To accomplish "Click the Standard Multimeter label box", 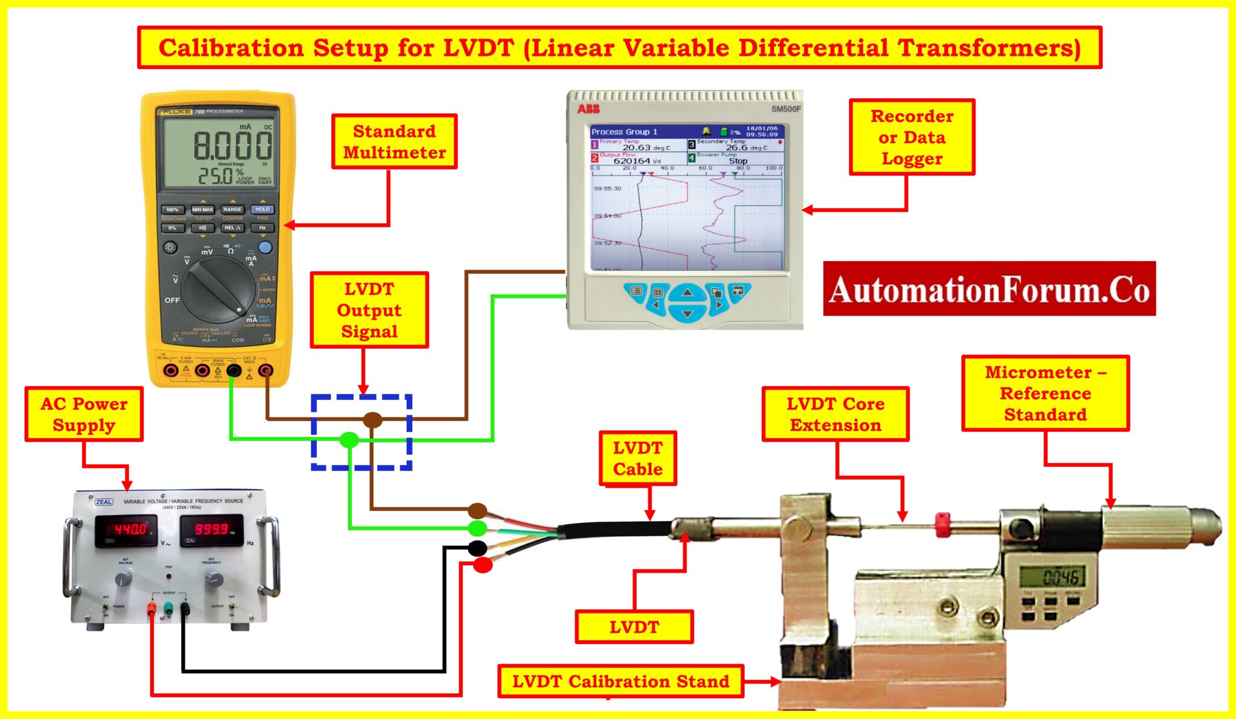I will coord(394,142).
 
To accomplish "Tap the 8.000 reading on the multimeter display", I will coord(232,145).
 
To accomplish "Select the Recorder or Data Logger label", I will coord(911,138).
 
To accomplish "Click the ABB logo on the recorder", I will coord(588,109).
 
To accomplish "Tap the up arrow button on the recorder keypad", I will coord(687,293).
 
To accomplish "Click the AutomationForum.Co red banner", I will coord(989,289).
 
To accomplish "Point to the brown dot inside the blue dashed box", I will coord(372,420).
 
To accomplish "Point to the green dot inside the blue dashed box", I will coord(349,440).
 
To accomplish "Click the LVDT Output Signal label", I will coord(369,310).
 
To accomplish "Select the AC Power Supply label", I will coord(84,414).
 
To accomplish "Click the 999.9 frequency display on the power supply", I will coord(211,529).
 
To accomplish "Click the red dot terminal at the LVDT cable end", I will coord(482,565).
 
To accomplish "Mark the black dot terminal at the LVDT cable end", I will coord(477,548).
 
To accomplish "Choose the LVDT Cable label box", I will coord(637,458).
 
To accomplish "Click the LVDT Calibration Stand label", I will coord(620,682).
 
